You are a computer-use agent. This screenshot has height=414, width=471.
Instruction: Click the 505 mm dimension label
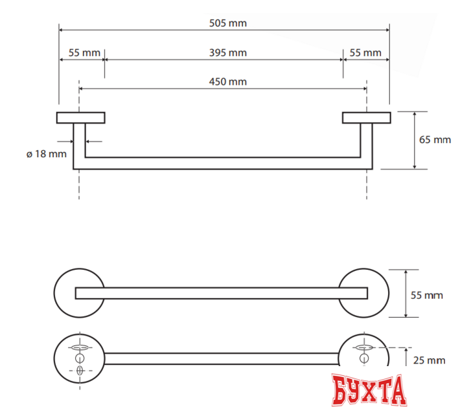click(227, 23)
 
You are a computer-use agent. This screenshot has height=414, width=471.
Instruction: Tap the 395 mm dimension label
click(227, 52)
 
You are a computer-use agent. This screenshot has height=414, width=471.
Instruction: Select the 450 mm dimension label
click(227, 82)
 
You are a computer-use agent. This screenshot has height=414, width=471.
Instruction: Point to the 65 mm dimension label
click(435, 139)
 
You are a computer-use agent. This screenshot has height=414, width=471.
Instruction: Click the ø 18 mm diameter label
click(46, 154)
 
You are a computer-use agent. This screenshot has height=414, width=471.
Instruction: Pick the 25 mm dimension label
click(428, 360)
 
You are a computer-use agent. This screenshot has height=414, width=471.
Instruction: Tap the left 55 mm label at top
click(80, 52)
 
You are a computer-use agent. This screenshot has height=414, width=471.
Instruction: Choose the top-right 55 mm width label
click(365, 52)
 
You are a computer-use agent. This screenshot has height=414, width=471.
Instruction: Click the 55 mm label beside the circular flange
click(428, 295)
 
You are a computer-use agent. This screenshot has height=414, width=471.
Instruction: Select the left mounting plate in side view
click(82, 117)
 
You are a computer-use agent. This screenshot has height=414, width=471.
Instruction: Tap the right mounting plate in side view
click(366, 117)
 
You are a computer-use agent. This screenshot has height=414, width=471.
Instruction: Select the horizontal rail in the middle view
click(220, 293)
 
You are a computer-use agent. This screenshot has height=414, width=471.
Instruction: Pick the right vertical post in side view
click(366, 146)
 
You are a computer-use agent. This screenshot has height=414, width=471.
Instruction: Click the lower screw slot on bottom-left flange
click(80, 371)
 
